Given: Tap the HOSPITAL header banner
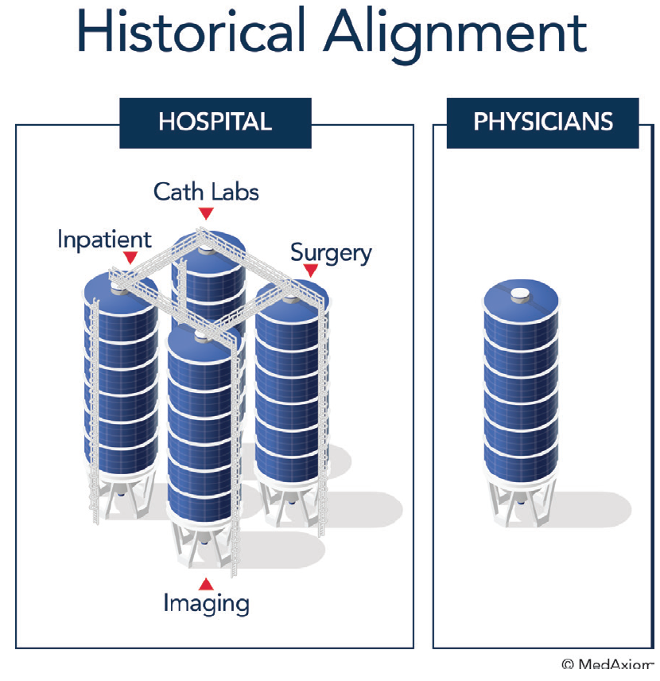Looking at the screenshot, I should (x=215, y=123).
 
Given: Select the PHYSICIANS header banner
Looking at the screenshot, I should (x=543, y=123).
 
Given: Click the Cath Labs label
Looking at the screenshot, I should (x=206, y=192).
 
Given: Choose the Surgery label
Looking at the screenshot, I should (x=331, y=253).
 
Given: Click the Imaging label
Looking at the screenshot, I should (x=206, y=602).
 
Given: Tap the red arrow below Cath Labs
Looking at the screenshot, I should (x=206, y=212).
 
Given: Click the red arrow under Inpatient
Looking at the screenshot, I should (x=130, y=258).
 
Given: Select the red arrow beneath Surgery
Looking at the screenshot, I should (x=311, y=270).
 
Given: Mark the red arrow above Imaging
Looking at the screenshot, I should (x=206, y=583).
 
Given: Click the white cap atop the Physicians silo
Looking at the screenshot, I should (x=521, y=293).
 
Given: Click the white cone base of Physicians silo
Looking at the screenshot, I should (x=521, y=501).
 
